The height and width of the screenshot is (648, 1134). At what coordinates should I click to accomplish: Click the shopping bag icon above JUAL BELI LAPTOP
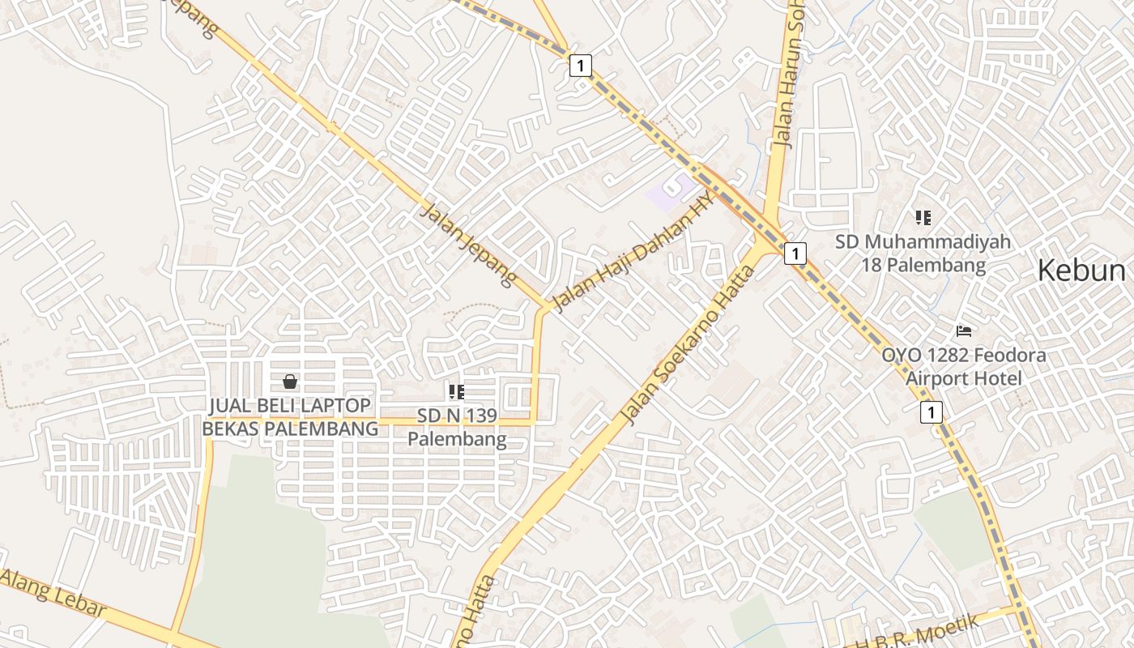pos(290,382)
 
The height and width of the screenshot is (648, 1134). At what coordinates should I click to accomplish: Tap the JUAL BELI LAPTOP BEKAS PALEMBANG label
pos(290,416)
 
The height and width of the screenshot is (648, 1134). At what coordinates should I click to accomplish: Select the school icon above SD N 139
pos(457,392)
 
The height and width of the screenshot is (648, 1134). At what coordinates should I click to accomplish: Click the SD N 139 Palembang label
pos(457,428)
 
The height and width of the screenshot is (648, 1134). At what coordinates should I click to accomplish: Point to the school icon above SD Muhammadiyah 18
pos(923,217)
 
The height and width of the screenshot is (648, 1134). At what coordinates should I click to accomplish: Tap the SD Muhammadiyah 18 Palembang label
pos(923,253)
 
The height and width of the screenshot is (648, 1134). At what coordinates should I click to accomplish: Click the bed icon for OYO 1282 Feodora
pos(964,330)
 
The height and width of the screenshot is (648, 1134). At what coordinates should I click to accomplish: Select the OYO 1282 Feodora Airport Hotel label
pos(964,366)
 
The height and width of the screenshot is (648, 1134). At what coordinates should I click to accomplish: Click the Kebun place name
pos(1081,271)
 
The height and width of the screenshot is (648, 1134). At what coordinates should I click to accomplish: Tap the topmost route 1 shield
pos(580,66)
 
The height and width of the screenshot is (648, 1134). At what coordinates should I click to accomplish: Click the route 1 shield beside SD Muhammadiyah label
pos(795,254)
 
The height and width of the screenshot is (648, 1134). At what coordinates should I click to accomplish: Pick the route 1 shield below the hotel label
pos(932,412)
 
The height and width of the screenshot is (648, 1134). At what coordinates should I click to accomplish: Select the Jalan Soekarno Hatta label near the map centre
pos(688,344)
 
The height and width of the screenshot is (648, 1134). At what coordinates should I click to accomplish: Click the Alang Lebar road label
pos(53,592)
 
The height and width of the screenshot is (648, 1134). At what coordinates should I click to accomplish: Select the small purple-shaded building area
pos(669,193)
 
